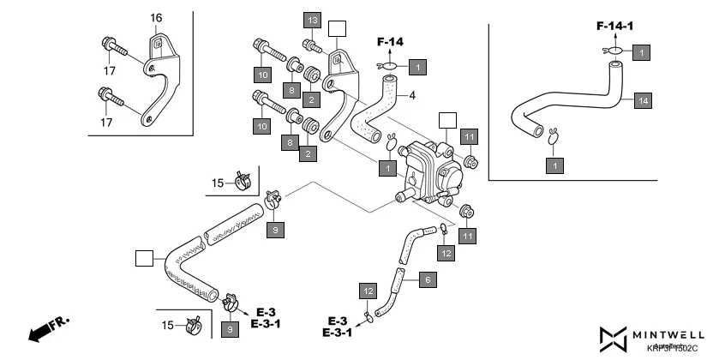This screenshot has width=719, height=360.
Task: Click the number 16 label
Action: pos(156,18)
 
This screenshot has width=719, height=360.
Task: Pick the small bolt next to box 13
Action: pos(311,44)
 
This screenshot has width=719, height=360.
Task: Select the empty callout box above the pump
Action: pos(447,120)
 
